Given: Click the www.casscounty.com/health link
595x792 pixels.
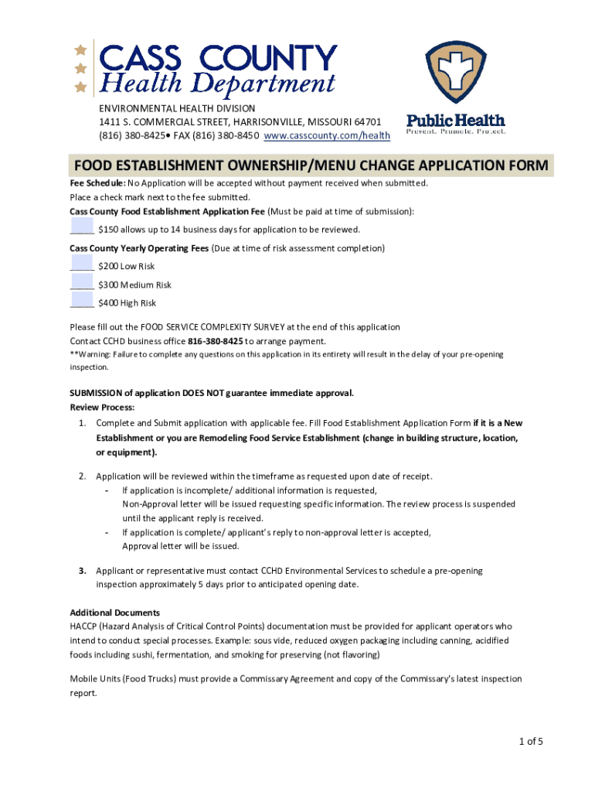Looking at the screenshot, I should (327, 135).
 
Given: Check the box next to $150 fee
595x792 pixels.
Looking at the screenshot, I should (81, 225).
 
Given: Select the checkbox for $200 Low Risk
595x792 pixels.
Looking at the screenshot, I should (81, 262).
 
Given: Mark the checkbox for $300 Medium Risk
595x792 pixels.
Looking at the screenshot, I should (81, 280).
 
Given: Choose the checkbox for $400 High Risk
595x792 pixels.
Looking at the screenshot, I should (81, 299).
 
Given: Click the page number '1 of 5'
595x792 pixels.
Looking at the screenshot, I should (531, 742).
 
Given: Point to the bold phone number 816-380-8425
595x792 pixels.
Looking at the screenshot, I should (216, 341).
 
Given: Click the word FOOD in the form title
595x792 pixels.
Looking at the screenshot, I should (90, 166).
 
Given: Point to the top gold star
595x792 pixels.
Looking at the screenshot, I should (80, 49).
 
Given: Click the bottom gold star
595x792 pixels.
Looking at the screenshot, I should (80, 86).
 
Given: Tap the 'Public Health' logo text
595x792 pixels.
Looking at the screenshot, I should (456, 121).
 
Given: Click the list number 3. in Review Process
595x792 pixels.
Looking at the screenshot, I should (82, 571).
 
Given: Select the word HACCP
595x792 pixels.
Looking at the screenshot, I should (83, 626).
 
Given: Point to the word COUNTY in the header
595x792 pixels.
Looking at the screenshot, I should (270, 58).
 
